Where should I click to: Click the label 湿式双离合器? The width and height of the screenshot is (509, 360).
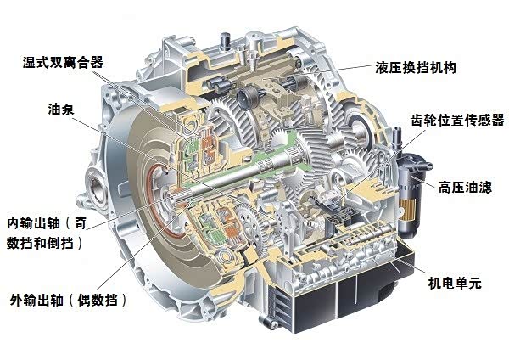63,62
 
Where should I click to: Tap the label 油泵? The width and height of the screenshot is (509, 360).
61,110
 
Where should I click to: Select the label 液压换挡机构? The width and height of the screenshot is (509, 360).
416,68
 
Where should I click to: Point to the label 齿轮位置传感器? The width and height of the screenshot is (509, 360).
457,120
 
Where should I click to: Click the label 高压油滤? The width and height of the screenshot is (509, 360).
465,188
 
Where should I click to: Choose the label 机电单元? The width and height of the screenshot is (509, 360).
454,283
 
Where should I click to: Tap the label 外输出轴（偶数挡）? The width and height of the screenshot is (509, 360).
69,300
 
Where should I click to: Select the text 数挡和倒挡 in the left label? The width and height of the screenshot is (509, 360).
40,243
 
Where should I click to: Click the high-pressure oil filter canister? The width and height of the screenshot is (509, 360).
411,192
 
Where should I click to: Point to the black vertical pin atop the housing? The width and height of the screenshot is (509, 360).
224,42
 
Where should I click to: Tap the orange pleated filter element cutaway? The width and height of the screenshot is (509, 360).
408,209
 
